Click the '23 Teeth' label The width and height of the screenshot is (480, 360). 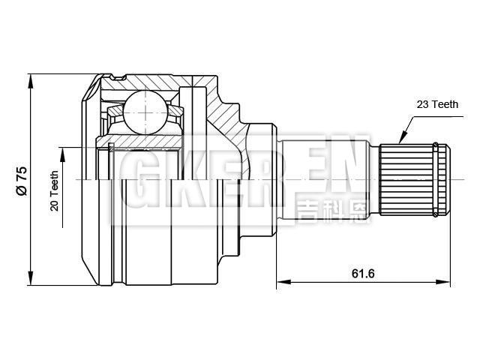coord(438,106)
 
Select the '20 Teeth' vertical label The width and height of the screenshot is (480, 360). coord(55,190)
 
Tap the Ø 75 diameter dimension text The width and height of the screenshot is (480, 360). coord(22,181)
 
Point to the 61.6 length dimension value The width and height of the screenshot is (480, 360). coord(362,273)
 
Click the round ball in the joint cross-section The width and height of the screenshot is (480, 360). coord(144,112)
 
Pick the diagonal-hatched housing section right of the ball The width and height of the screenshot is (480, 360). coord(225,112)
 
